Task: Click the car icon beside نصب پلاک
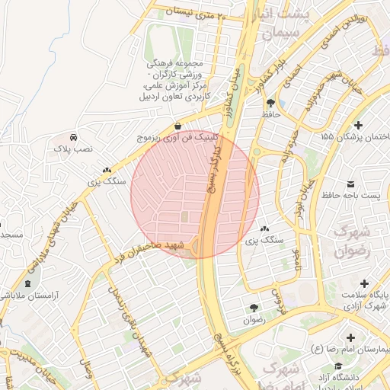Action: [73, 136]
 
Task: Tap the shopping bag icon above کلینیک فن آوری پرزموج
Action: [177, 126]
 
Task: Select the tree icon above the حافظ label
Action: [270, 102]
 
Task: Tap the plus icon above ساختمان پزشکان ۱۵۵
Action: [359, 123]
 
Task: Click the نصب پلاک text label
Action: [72, 150]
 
